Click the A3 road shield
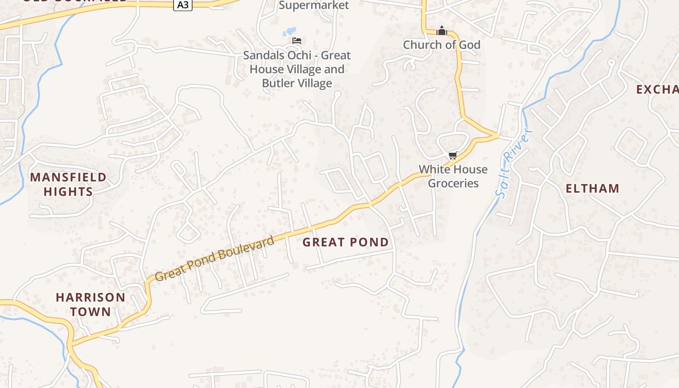click(183, 5)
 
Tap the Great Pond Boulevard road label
click(215, 259)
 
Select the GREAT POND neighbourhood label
click(345, 242)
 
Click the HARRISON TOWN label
click(90, 304)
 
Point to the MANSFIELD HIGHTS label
click(68, 184)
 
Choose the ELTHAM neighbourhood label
click(592, 188)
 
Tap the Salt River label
click(515, 163)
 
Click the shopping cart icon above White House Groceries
click(453, 156)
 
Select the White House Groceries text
click(453, 176)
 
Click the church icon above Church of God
click(441, 31)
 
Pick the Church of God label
click(441, 45)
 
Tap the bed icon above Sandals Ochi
click(297, 40)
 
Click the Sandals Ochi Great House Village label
click(297, 69)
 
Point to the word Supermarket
click(314, 5)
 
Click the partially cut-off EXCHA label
click(657, 90)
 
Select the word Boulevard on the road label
click(250, 247)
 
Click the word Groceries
click(453, 183)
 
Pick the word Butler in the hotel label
click(277, 83)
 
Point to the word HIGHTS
click(68, 192)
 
